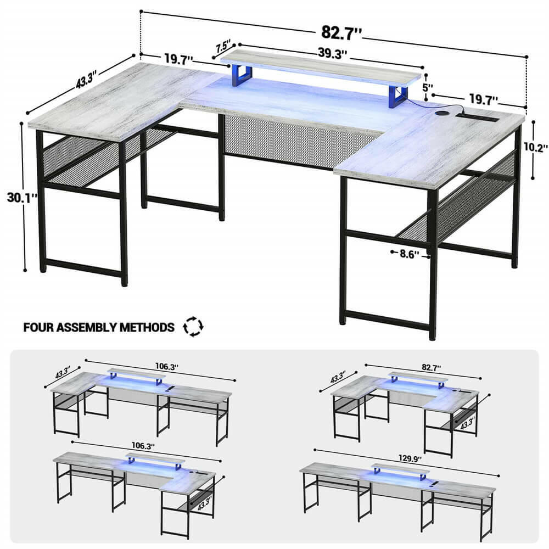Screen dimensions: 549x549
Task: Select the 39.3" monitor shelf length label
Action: [x=332, y=54]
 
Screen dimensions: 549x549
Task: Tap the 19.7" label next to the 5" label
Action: [x=483, y=99]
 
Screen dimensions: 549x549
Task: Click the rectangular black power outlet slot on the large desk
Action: [x=478, y=117]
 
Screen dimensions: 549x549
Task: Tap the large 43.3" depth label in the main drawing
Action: [x=86, y=81]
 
